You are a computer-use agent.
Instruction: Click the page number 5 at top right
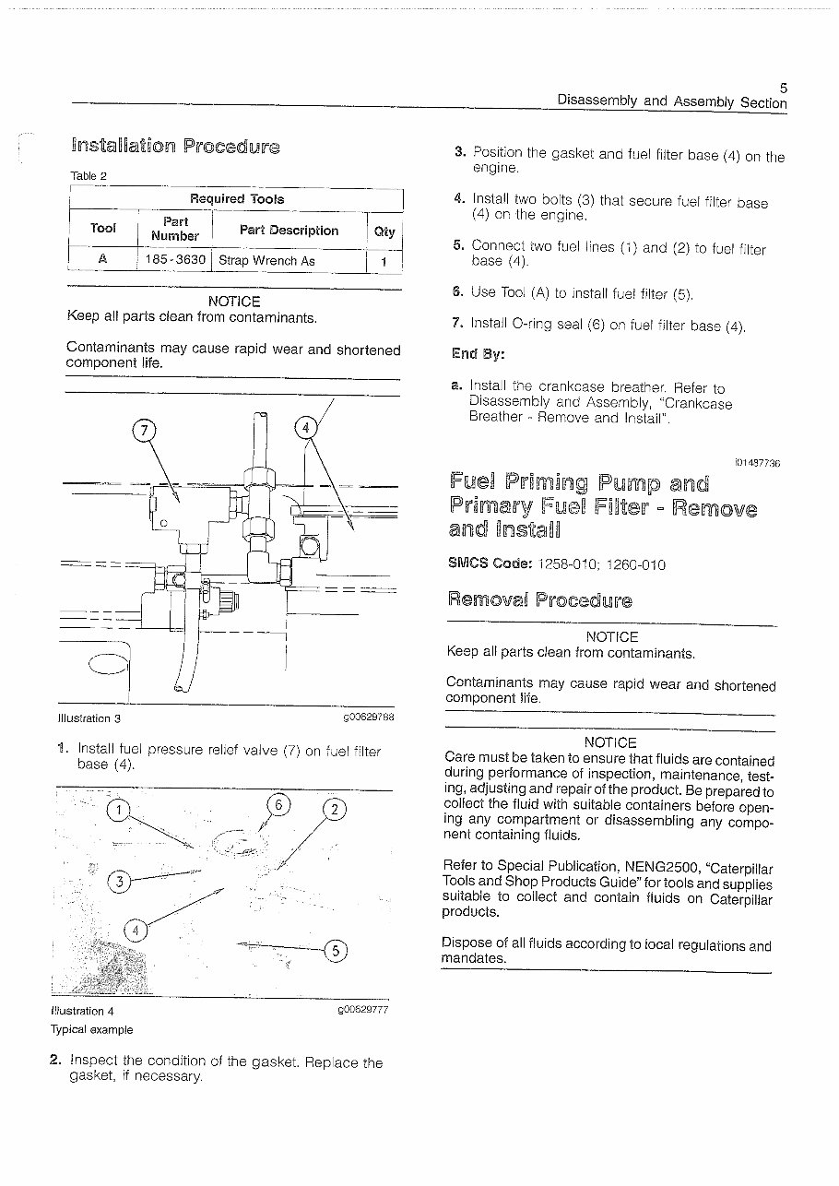tap(783, 88)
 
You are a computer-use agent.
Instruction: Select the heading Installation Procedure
tap(174, 146)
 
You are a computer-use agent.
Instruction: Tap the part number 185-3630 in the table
tap(175, 260)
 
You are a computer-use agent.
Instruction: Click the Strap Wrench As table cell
tap(266, 261)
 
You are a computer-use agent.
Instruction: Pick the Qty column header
tap(384, 231)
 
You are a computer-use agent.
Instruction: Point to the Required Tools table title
tap(237, 198)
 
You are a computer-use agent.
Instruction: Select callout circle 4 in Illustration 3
tap(304, 427)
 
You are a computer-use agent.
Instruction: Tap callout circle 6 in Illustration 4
tap(278, 804)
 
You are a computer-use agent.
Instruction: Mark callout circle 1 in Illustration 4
tap(119, 811)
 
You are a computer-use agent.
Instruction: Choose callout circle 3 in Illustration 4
tap(119, 881)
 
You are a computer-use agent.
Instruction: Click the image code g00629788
tap(368, 718)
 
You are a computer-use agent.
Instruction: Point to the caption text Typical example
tap(92, 1029)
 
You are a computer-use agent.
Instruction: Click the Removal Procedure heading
tap(539, 599)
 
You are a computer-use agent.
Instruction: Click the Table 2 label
tap(89, 175)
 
